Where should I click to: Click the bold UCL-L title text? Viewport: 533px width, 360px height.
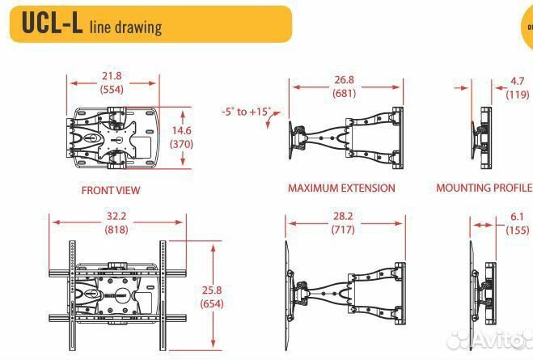[x=52, y=23]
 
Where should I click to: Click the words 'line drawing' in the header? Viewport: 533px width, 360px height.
[x=126, y=28]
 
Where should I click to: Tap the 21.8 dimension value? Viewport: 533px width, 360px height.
[x=112, y=76]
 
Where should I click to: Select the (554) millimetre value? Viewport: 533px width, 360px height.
[x=112, y=90]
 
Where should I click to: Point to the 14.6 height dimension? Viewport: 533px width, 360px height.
[x=181, y=130]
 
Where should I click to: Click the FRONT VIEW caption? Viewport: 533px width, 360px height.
[x=111, y=190]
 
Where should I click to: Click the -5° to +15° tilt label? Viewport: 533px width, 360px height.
[x=247, y=112]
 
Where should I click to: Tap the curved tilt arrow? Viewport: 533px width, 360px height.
[x=273, y=119]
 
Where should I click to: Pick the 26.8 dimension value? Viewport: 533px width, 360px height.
[x=344, y=79]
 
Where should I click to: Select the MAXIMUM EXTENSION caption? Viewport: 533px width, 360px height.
[x=341, y=188]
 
